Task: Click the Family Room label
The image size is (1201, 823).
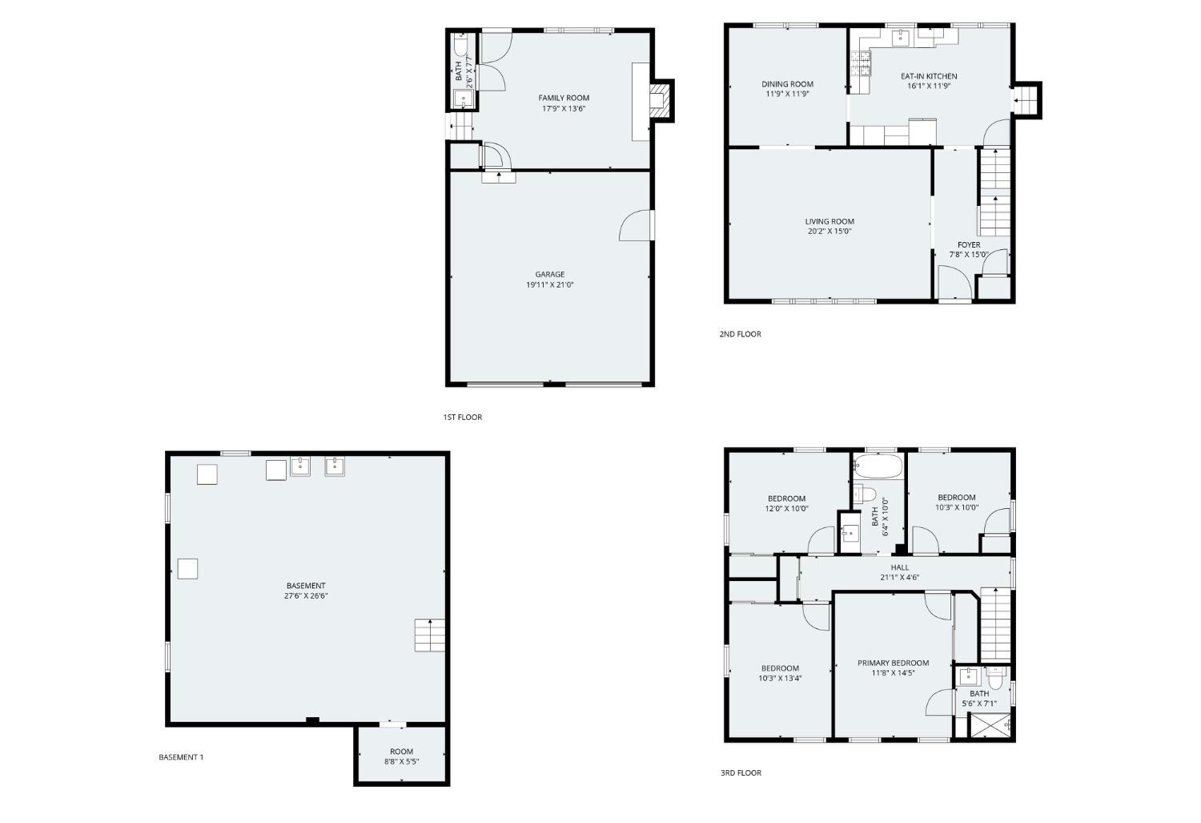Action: pos(564,98)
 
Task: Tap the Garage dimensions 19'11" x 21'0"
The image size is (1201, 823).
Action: pos(550,284)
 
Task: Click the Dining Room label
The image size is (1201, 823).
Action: pos(787,84)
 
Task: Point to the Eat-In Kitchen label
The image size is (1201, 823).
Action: pos(929,76)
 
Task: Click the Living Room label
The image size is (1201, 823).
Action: pos(829,221)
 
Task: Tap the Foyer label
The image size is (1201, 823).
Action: pos(969,245)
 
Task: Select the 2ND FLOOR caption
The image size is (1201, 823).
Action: pos(740,334)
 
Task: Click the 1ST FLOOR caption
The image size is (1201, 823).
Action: pos(463,417)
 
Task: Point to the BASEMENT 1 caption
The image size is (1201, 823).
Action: pos(181,757)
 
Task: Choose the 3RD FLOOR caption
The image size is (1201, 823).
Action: pos(741,773)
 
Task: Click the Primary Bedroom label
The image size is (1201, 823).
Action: pos(893,663)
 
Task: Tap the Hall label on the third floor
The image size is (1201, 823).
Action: pos(900,567)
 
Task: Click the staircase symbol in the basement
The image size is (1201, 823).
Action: pos(430,635)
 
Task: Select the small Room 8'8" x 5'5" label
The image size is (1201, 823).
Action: pos(401,752)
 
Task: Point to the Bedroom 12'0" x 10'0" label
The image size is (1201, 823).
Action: pos(787,498)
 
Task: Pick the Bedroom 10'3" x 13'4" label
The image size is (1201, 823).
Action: pos(780,668)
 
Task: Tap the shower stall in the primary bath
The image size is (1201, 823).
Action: pos(990,725)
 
